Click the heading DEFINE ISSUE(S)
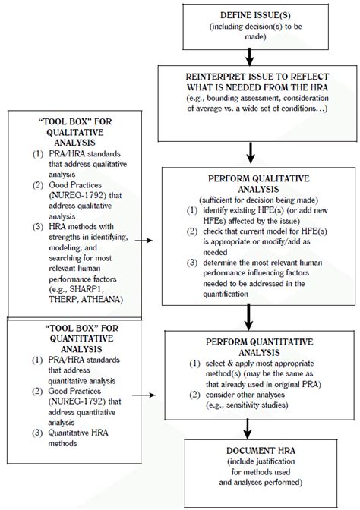point(248,14)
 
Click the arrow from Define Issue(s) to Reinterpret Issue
point(248,55)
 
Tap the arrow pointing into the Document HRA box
point(248,433)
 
